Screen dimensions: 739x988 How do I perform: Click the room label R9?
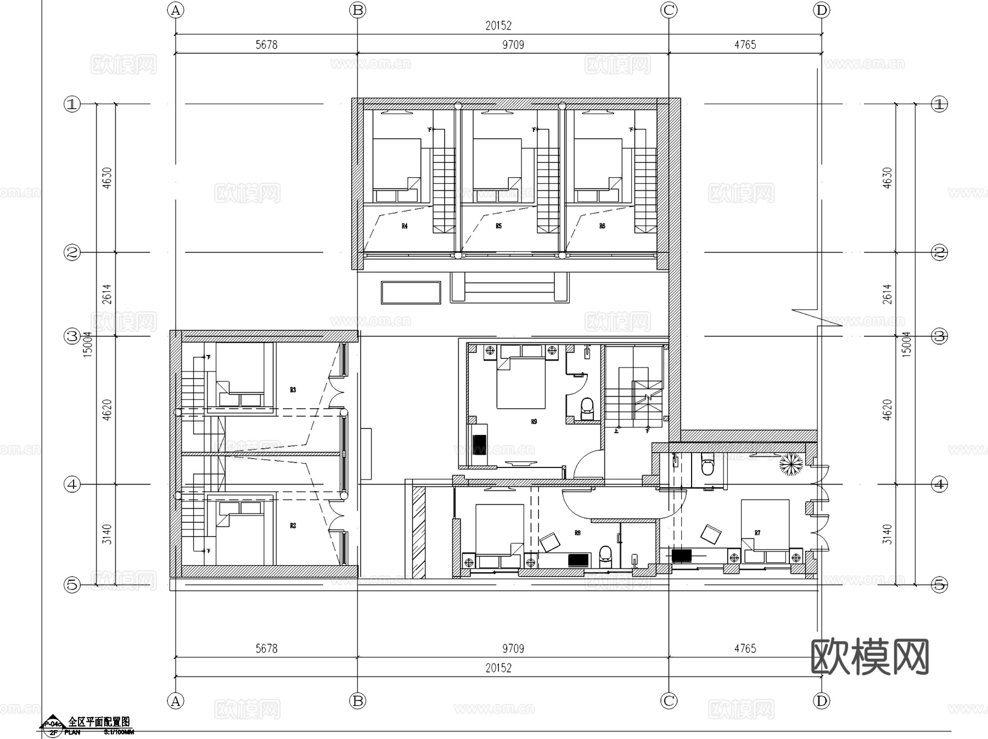pyautogui.click(x=534, y=421)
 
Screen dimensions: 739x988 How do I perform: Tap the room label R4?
pyautogui.click(x=405, y=226)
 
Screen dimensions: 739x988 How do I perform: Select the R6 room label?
pyautogui.click(x=602, y=226)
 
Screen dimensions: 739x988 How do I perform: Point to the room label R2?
pyautogui.click(x=293, y=526)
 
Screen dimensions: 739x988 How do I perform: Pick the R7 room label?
pyautogui.click(x=757, y=533)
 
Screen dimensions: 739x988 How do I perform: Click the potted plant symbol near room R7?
pyautogui.click(x=791, y=464)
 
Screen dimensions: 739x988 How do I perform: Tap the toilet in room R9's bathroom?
pyautogui.click(x=587, y=407)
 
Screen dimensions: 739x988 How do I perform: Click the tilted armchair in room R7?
pyautogui.click(x=711, y=533)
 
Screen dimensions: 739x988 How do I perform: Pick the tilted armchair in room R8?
pyautogui.click(x=551, y=542)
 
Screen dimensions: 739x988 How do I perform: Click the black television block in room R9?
pyautogui.click(x=480, y=444)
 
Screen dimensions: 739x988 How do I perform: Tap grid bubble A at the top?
pyautogui.click(x=175, y=10)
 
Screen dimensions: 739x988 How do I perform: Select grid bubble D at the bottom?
pyautogui.click(x=821, y=701)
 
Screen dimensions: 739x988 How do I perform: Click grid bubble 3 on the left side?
pyautogui.click(x=72, y=336)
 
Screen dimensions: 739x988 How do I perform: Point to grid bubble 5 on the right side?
pyautogui.click(x=940, y=585)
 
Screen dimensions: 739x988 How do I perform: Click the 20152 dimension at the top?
pyautogui.click(x=498, y=26)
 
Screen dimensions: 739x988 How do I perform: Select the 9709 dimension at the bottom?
pyautogui.click(x=513, y=648)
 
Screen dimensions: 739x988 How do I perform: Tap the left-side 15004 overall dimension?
pyautogui.click(x=88, y=345)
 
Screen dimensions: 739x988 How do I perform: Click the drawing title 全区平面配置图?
pyautogui.click(x=99, y=721)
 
